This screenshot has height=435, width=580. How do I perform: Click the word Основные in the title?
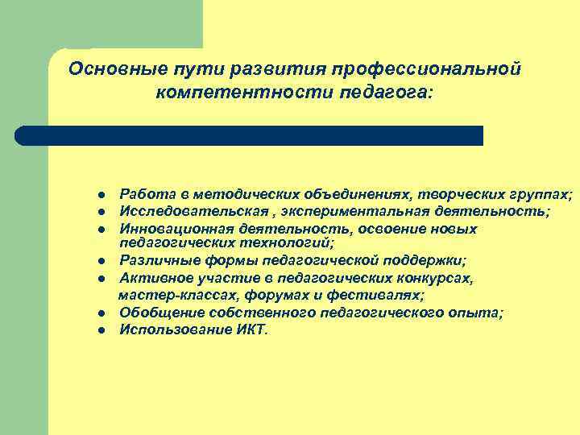coord(108,68)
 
